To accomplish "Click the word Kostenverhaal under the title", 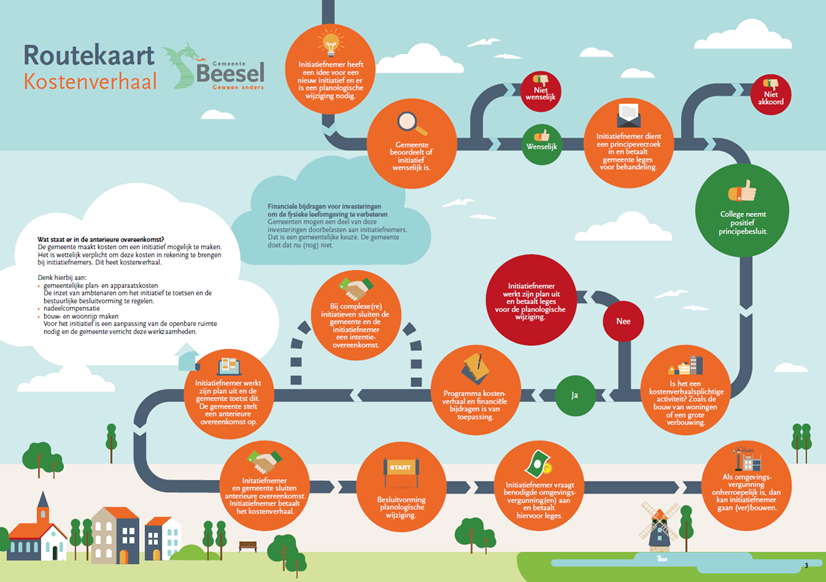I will [x=91, y=80].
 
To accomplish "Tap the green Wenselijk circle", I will [x=541, y=141].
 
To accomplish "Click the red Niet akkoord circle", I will [x=770, y=92].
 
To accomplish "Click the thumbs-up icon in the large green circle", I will [x=742, y=190].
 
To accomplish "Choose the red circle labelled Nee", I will [x=623, y=321].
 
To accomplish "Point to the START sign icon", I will [x=400, y=470].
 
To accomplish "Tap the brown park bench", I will [x=248, y=546].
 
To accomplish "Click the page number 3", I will [x=805, y=567].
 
